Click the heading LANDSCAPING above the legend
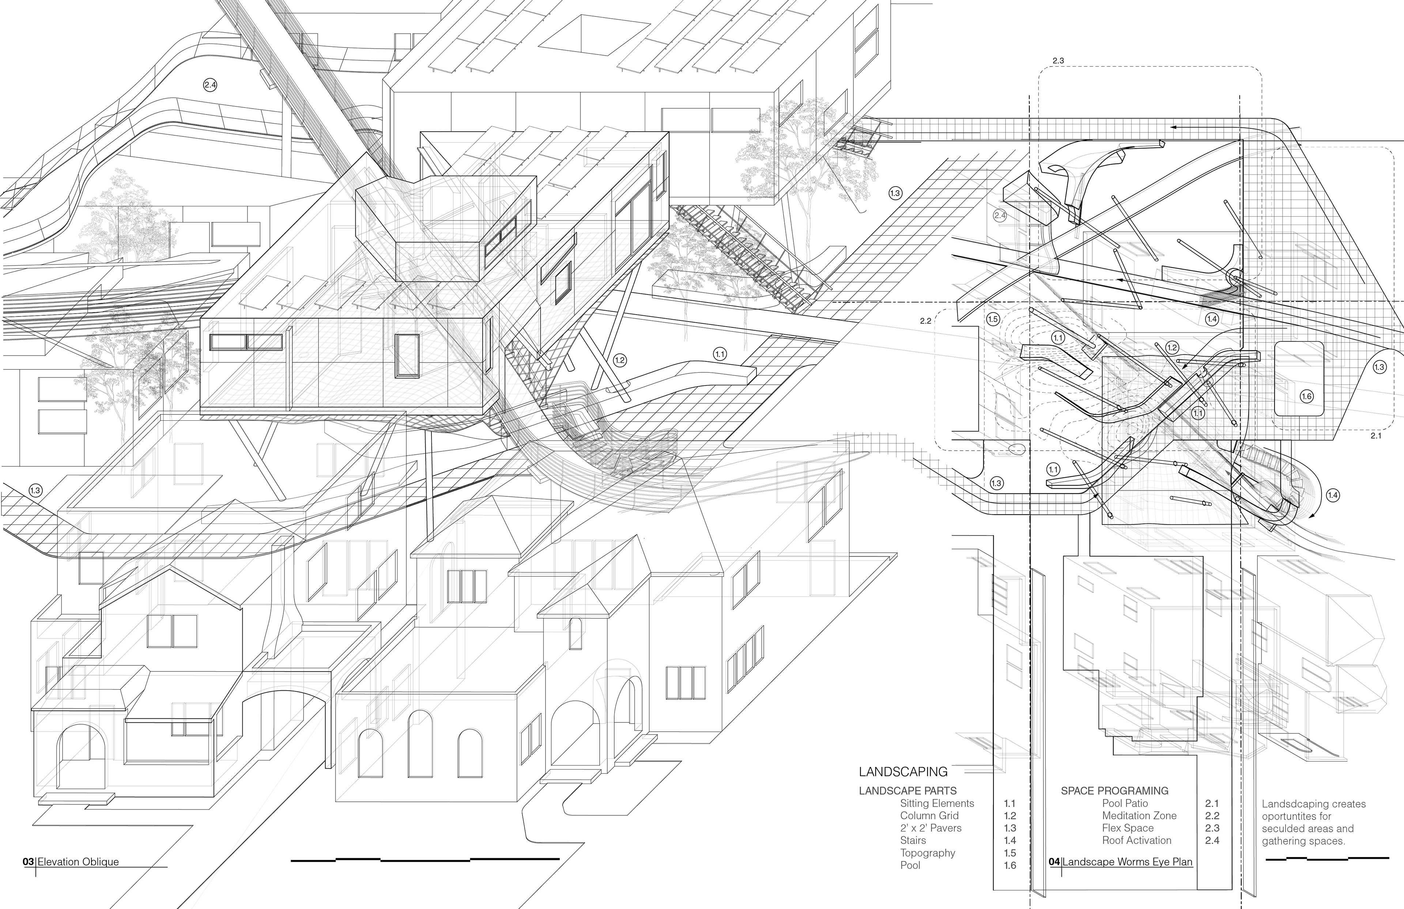pyautogui.click(x=903, y=771)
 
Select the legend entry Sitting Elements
pyautogui.click(x=937, y=803)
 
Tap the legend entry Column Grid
pyautogui.click(x=929, y=816)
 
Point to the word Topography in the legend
pyautogui.click(x=927, y=853)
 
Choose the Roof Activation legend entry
pyautogui.click(x=1136, y=841)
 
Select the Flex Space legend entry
pyautogui.click(x=1127, y=828)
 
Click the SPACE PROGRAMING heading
pyautogui.click(x=1114, y=791)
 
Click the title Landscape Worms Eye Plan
pyautogui.click(x=1127, y=862)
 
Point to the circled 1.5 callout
pyautogui.click(x=992, y=319)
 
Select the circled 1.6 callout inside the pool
pyautogui.click(x=1306, y=397)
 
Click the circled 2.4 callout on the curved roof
pyautogui.click(x=210, y=85)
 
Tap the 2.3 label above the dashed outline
pyautogui.click(x=1058, y=61)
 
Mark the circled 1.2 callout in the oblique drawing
pyautogui.click(x=619, y=360)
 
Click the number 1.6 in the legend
pyautogui.click(x=1010, y=865)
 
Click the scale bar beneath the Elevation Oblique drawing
pyautogui.click(x=425, y=859)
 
